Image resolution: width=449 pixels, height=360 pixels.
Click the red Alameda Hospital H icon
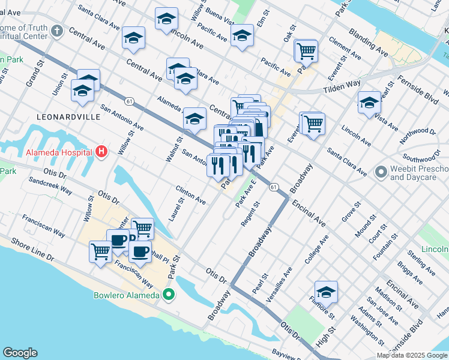coord(101,152)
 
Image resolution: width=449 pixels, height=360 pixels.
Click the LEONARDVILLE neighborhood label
coord(68,116)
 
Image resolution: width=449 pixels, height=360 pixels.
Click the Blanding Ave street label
coord(369,42)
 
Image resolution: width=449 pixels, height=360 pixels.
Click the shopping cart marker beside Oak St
coord(306,51)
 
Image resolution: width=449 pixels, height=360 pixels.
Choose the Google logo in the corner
coord(20,353)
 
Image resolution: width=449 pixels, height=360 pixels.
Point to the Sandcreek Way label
coord(50,186)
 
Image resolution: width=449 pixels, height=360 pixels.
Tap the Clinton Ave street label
coord(191,194)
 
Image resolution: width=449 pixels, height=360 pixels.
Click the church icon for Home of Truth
coord(56,31)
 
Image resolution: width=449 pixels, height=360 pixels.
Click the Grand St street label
coord(32,72)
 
